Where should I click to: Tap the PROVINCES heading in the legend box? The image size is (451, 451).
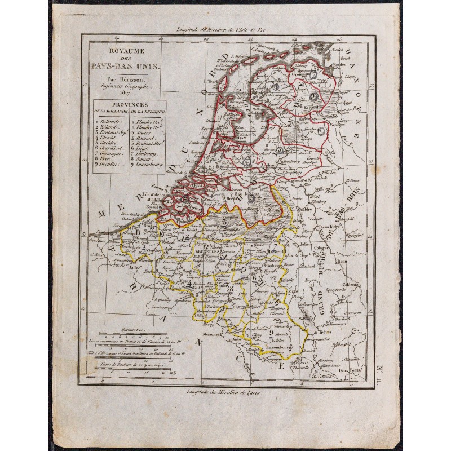[124, 105]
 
